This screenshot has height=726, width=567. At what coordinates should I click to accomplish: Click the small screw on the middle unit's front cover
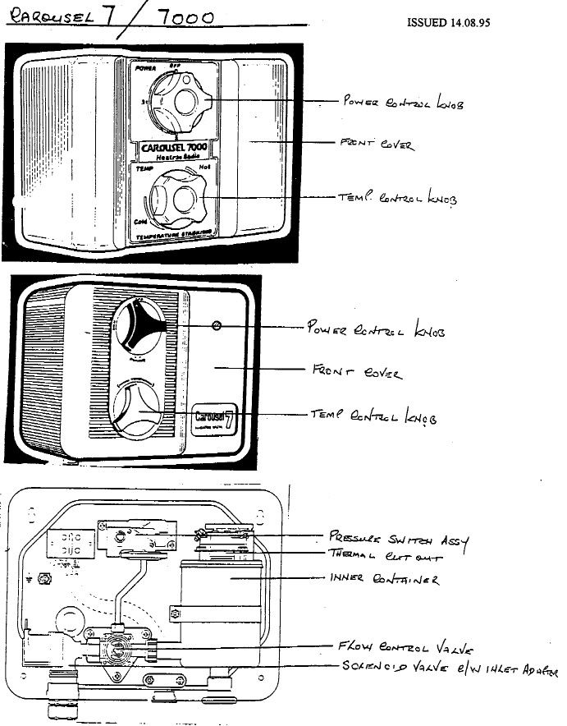click(x=217, y=325)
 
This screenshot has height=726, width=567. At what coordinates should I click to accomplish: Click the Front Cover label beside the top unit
click(x=377, y=145)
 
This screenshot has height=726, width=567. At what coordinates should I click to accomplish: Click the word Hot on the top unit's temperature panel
click(x=207, y=167)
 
